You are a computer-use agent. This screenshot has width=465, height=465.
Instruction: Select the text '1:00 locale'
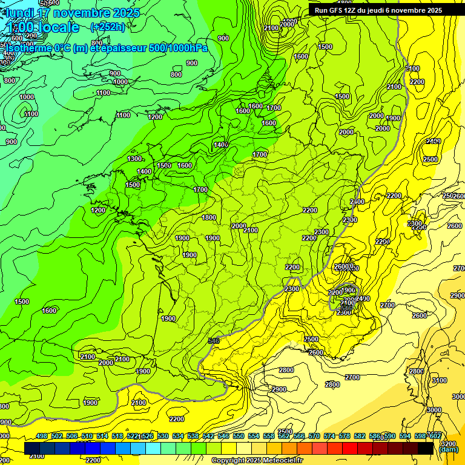coord(41,28)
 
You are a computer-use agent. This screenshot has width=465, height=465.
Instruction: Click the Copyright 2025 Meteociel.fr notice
coord(257,461)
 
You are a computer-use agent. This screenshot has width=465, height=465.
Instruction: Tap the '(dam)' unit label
coord(448,449)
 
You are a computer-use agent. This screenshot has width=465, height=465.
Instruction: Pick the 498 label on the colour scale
coord(42,436)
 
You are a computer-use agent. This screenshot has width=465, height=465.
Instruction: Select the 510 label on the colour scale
coord(87,436)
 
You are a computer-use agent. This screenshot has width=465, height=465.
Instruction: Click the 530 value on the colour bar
coord(163,436)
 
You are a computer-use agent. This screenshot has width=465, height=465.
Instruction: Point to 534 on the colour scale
coord(178,436)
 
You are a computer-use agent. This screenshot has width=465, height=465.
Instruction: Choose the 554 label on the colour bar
coord(254,436)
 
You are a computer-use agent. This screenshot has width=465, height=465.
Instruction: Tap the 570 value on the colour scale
coord(314,436)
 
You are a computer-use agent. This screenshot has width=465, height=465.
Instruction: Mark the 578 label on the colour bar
coord(345,436)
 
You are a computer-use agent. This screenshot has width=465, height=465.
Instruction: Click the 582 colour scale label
coord(360,436)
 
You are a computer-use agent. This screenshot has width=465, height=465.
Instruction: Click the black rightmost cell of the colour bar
coord(426,448)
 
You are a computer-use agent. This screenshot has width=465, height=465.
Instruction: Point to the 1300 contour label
coord(134,159)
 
